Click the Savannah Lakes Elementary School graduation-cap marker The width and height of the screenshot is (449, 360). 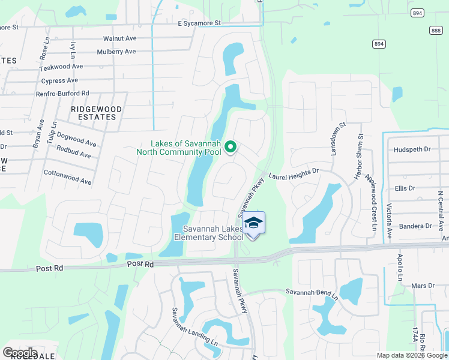click(x=254, y=224)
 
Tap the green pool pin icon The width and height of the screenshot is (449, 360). click(x=229, y=146)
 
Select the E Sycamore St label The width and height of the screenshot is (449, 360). click(x=199, y=23)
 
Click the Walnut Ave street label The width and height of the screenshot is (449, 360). click(x=120, y=38)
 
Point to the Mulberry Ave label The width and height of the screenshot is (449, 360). click(x=116, y=52)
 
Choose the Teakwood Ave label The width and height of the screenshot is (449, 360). click(x=61, y=67)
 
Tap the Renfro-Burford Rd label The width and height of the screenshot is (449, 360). click(x=62, y=93)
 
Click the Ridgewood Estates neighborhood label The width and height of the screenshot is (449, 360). click(x=96, y=113)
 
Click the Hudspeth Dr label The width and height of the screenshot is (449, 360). click(x=411, y=149)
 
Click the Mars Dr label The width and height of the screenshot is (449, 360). click(x=423, y=286)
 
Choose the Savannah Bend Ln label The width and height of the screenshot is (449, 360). click(x=312, y=294)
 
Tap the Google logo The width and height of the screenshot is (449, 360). click(x=19, y=353)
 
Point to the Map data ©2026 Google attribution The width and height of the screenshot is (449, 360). click(x=411, y=355)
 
